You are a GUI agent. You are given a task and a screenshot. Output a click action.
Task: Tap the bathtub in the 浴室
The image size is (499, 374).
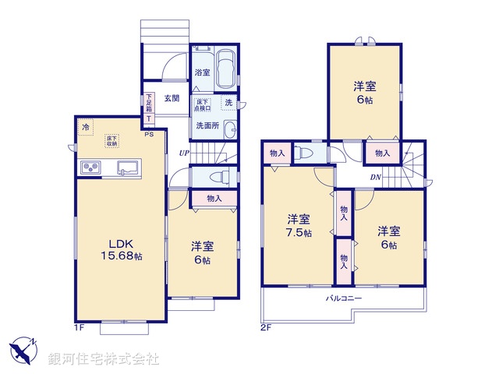[x=226, y=69]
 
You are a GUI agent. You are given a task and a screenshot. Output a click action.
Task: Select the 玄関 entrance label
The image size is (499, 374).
[x=172, y=98]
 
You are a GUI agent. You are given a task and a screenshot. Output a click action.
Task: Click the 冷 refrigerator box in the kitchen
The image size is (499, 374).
[x=83, y=126]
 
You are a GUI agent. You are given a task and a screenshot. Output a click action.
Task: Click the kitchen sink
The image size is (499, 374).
[x=127, y=167]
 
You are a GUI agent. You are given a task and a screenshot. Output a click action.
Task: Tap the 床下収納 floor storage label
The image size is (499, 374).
[x=112, y=141]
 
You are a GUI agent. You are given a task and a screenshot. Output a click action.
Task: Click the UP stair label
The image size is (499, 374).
[x=183, y=153]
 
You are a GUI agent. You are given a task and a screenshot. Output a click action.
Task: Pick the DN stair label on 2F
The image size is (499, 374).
[x=376, y=177]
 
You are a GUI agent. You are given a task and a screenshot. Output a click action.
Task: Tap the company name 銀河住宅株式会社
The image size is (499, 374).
[x=104, y=359]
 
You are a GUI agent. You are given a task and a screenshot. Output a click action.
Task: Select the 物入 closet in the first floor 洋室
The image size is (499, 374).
[x=214, y=199]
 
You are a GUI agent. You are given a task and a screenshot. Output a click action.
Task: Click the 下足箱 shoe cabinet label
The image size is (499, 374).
[x=148, y=104]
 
